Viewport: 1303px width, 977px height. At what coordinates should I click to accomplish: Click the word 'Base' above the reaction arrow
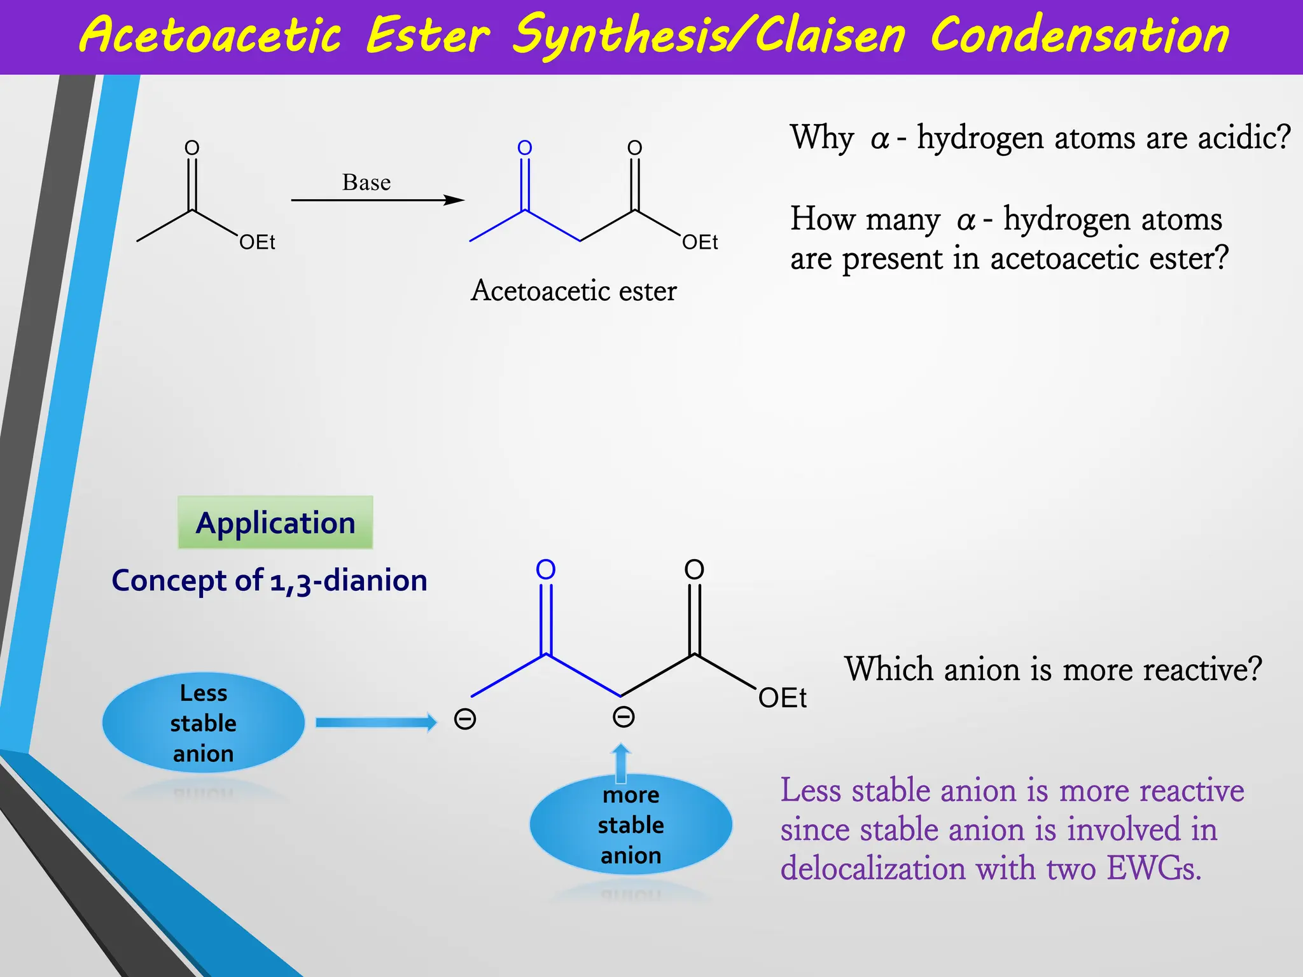click(x=366, y=183)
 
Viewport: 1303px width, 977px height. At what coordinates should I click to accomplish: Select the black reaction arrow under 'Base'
click(x=377, y=200)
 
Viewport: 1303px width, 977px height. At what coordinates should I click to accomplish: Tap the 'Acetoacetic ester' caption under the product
click(x=573, y=291)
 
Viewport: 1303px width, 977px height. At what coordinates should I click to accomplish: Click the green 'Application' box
click(x=275, y=523)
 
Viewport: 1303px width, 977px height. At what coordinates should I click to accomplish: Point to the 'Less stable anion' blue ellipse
click(x=204, y=723)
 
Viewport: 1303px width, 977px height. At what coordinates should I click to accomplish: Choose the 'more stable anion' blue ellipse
click(x=631, y=824)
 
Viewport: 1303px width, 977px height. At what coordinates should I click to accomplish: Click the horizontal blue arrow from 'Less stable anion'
click(x=376, y=722)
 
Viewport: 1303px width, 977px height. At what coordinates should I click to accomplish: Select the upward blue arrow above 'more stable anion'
click(x=621, y=763)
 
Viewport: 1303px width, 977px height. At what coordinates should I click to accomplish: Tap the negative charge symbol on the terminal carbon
click(x=465, y=719)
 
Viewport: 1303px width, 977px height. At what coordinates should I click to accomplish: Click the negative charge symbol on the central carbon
click(x=624, y=717)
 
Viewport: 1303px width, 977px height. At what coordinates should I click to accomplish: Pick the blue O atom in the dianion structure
click(x=546, y=569)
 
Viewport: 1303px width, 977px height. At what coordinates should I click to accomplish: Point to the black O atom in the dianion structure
click(x=694, y=569)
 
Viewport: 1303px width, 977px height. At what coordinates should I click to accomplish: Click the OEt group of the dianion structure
click(x=782, y=698)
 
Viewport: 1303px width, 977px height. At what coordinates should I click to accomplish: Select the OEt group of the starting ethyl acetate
click(x=257, y=242)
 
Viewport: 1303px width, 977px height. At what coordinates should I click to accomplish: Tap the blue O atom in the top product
click(x=525, y=148)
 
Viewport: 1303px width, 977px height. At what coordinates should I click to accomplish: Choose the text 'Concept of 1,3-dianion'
click(x=269, y=581)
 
